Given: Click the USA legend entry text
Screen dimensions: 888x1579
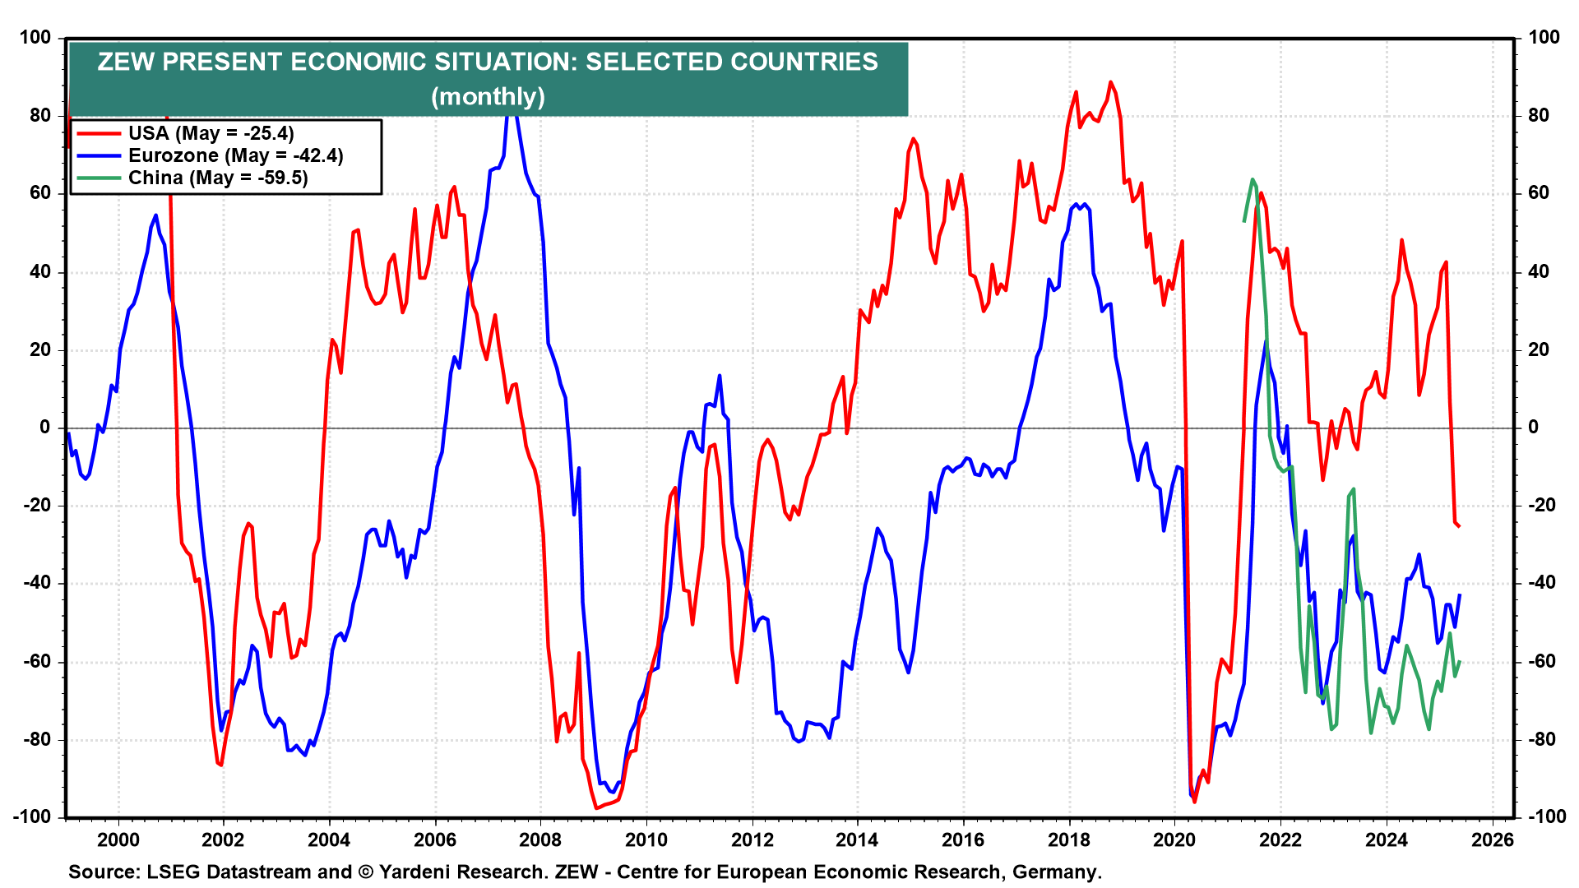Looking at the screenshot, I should pos(211,133).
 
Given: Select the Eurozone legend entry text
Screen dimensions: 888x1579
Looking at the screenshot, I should pos(235,155).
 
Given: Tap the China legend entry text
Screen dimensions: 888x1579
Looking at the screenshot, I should pos(218,178).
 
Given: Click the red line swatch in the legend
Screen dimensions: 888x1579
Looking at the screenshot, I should pos(98,133).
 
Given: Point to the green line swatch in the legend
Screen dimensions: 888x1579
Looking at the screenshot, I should pos(98,178).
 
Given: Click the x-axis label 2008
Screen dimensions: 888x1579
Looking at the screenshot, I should pos(540,839).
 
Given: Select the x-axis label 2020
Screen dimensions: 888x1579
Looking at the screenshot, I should pos(1174,839).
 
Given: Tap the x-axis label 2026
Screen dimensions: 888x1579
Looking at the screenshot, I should pos(1492,839).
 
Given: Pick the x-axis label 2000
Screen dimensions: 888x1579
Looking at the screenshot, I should pos(118,839).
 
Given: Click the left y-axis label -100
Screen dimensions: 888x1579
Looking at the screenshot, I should pos(31,816).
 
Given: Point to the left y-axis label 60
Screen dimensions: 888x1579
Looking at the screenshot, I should pos(39,193).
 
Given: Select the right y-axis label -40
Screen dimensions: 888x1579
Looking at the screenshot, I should pos(1542,583).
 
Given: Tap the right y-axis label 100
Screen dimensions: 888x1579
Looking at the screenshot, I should pos(1544,37).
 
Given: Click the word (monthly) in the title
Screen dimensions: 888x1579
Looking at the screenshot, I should pos(488,96).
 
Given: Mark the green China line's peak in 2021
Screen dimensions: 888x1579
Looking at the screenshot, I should pos(1253,179).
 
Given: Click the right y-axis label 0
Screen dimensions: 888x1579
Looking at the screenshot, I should pos(1533,428).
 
